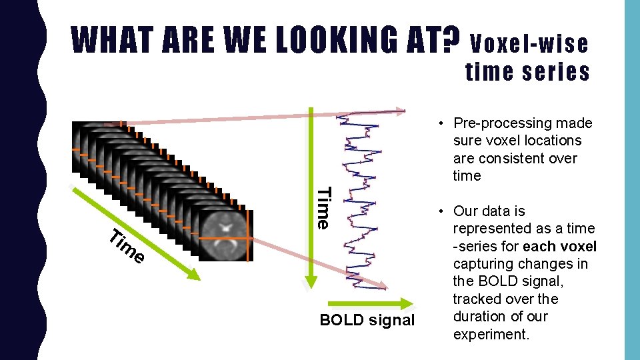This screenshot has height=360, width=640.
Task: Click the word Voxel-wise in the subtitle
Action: point(530,44)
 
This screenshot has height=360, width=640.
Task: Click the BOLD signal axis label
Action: point(367,320)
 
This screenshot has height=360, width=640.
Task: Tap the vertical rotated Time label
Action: point(323,208)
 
